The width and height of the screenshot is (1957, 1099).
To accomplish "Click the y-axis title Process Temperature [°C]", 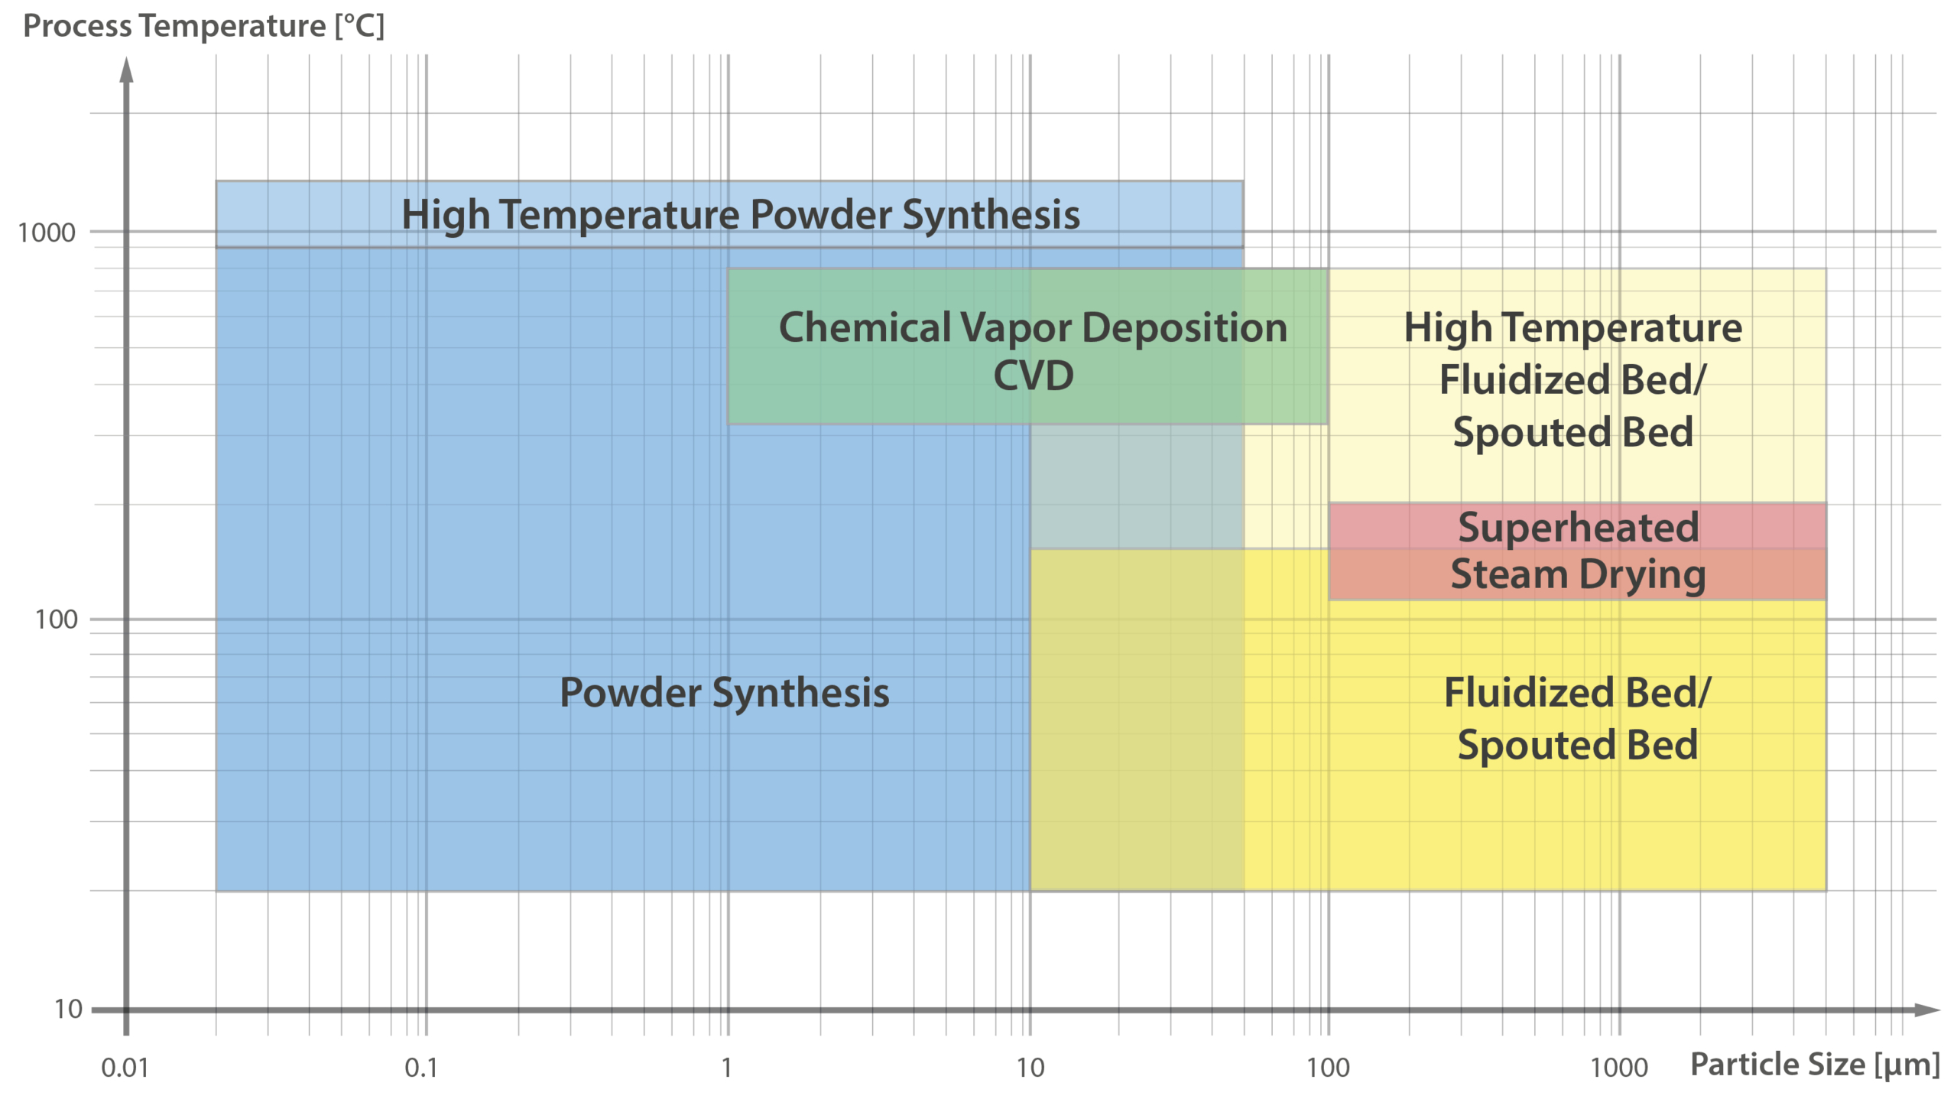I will point(203,26).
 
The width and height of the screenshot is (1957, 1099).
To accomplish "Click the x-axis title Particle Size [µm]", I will point(1815,1065).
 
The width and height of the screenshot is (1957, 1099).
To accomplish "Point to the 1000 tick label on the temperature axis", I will point(47,232).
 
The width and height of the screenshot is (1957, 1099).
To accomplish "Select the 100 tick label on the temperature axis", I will point(56,619).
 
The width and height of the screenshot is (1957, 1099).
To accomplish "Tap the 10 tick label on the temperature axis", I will point(68,1010).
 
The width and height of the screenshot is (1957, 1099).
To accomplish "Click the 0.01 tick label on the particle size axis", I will point(125,1068).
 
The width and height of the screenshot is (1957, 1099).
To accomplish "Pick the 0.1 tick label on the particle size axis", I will point(421,1068).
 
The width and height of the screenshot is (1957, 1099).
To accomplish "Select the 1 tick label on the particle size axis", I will point(726,1068).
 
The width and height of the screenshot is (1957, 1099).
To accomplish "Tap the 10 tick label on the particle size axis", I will point(1030,1068).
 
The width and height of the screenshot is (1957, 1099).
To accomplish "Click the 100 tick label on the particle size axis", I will point(1328,1068).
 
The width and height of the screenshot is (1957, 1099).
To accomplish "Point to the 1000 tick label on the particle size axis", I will point(1618,1068).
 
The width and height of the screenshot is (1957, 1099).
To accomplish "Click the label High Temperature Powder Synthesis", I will point(740,214).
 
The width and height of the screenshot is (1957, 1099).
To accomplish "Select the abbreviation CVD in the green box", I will point(1033,376).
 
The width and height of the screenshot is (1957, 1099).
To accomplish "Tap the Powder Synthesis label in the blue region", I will point(724,693).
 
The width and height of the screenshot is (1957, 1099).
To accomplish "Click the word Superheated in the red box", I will point(1578,528).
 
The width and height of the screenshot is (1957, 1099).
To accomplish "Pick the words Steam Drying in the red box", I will point(1578,574).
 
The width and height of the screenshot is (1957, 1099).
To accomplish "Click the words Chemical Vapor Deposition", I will point(1033,328).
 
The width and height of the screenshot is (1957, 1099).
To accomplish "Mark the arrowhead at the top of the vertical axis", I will point(127,69).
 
